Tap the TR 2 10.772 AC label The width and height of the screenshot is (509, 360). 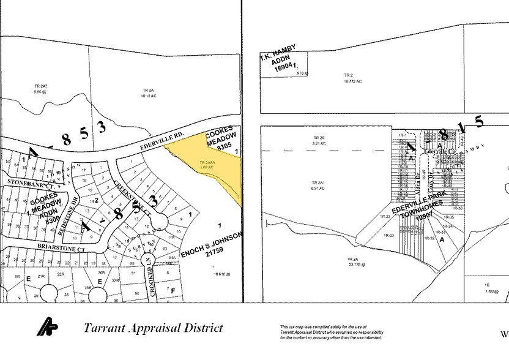coord(353,78)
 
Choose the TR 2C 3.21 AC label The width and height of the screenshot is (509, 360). coord(320,140)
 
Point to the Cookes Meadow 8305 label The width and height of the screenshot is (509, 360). coord(220,140)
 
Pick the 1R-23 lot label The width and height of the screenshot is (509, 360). coord(390,235)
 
